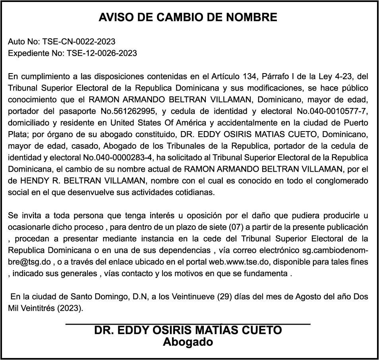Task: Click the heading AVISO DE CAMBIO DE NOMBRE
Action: (188, 17)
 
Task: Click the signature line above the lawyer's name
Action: (188, 325)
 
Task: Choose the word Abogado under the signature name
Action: (188, 342)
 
